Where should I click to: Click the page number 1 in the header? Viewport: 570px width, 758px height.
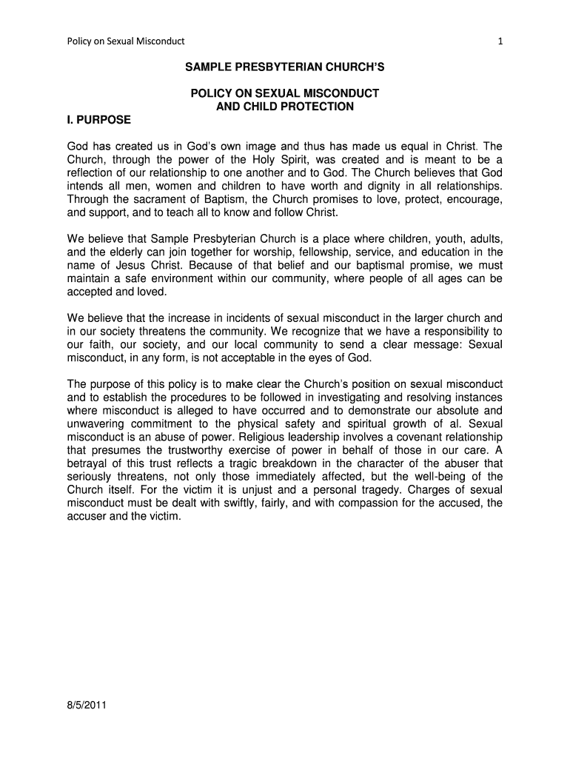click(500, 41)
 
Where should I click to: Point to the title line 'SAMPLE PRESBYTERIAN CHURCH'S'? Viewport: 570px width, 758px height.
click(284, 67)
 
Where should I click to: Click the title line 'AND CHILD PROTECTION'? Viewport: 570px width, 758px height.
click(284, 107)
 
